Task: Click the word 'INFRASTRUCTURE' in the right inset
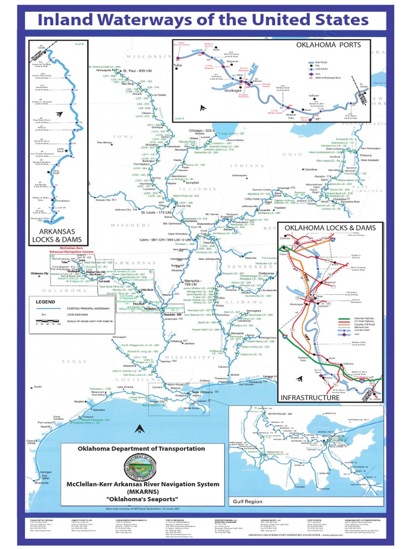(310, 398)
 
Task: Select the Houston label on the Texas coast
(80, 401)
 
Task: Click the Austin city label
(38, 387)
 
